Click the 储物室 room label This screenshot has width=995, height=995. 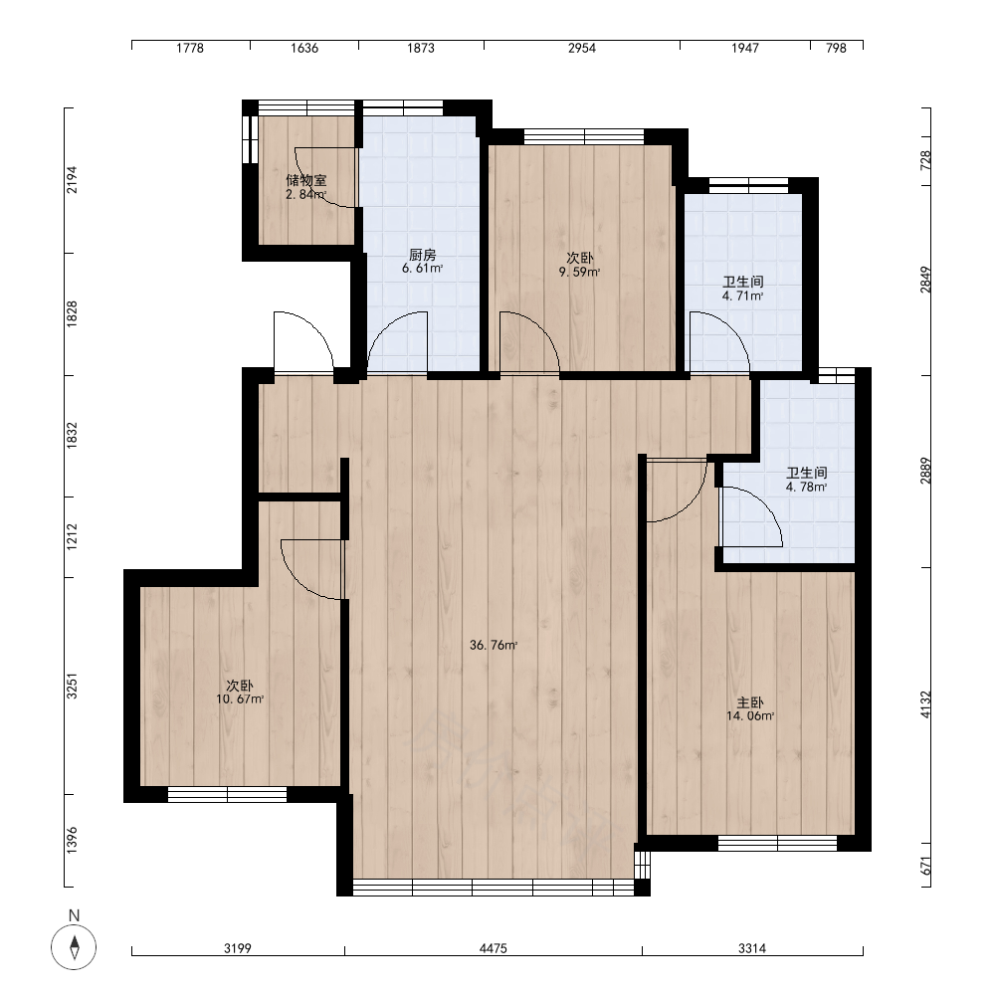pos(306,180)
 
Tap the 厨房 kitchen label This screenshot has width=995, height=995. pos(423,255)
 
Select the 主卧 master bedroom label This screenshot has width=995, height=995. pos(750,702)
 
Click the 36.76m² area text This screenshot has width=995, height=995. pos(494,646)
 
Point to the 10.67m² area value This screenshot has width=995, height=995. pos(240,699)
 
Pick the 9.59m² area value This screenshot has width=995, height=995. pos(579,273)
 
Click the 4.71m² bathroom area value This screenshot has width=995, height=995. pos(742,296)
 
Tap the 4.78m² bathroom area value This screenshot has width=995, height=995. pos(807,488)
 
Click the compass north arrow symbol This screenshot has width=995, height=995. pos(75,947)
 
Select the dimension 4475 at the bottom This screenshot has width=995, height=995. pos(494,948)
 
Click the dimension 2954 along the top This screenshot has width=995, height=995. pos(582,48)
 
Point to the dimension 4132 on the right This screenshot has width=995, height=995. pos(925,705)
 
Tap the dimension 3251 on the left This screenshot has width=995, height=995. pos(72,686)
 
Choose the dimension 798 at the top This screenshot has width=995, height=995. pos(837,48)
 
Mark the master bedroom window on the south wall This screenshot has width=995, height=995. pos(778,843)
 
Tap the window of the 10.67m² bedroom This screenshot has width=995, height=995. pos(227,794)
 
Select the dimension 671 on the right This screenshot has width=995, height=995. pos(925,866)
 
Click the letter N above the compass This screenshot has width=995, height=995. pos(75,915)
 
